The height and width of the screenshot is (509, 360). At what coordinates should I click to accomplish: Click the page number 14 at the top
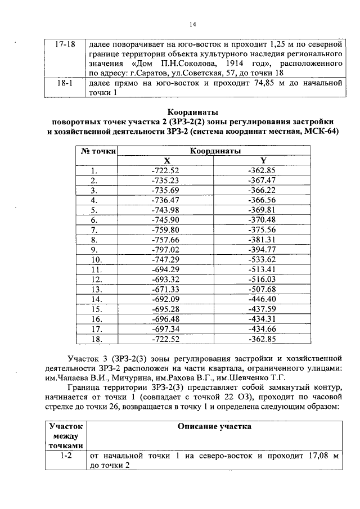click(192, 24)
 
